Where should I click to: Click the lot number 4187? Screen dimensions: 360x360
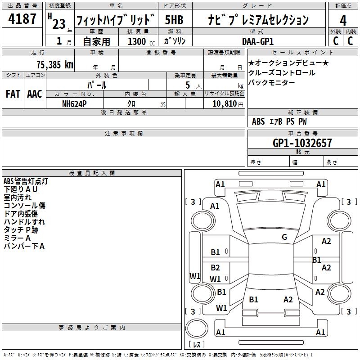[22, 20]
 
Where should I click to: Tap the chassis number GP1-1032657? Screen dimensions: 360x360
[302, 143]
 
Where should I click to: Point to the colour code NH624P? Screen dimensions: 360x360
[75, 103]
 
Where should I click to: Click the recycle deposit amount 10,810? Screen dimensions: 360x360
[224, 103]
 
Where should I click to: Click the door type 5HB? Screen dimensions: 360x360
[174, 20]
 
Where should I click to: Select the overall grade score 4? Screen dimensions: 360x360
[343, 20]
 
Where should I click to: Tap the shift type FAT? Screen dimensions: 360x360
[13, 94]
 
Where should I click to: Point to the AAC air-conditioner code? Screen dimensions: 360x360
[35, 94]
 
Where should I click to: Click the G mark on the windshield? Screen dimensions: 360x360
[284, 237]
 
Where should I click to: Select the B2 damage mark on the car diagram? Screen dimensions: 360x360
[216, 268]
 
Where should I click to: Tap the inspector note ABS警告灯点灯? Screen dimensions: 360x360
[26, 181]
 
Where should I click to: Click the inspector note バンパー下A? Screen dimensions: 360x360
[24, 246]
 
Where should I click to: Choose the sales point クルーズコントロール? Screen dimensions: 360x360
[282, 73]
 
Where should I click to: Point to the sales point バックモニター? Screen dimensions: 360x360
[272, 82]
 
